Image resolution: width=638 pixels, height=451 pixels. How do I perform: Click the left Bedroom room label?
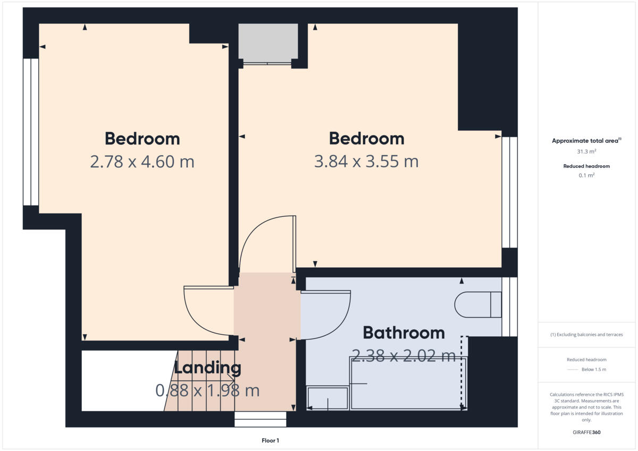tap(142, 139)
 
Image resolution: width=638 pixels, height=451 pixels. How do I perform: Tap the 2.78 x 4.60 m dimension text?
tap(142, 161)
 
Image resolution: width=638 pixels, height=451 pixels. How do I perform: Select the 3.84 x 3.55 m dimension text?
tap(366, 161)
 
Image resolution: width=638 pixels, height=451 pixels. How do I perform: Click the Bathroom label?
tap(404, 333)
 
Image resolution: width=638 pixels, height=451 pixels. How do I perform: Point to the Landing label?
tap(207, 368)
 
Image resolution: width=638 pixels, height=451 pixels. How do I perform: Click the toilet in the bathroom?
tap(478, 304)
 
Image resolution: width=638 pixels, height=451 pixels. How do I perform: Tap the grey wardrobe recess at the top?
tap(267, 43)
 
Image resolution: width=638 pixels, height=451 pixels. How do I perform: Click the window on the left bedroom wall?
tap(31, 132)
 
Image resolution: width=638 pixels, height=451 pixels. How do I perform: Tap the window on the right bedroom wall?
tap(510, 192)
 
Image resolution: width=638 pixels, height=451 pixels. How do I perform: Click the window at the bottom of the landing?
tap(261, 420)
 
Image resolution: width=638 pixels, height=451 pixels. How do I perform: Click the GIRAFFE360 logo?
tap(587, 432)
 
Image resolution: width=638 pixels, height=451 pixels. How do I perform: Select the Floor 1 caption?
tap(270, 440)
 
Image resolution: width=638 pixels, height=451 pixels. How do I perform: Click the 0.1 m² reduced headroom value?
tap(587, 175)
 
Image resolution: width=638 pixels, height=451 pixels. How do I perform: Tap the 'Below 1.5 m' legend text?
tap(594, 370)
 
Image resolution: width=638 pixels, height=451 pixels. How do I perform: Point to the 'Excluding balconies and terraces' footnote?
tap(586, 335)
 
